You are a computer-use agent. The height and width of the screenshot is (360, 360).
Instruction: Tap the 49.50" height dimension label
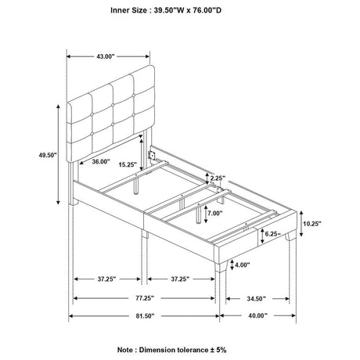(48, 155)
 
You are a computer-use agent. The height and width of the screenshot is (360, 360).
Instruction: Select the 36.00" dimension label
(101, 162)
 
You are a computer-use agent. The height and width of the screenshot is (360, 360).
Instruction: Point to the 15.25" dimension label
(128, 164)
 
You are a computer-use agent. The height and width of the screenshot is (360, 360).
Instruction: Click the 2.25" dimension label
(218, 178)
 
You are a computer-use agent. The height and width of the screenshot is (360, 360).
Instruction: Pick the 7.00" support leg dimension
(215, 213)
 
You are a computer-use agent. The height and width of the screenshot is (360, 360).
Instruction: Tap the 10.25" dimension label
(312, 224)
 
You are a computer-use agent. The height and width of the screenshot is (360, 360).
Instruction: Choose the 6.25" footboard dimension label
(273, 234)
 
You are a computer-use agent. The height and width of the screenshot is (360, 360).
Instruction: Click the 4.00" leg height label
(243, 265)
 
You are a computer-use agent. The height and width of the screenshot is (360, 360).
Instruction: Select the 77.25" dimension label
(145, 298)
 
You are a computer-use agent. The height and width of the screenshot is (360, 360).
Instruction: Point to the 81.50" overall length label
(145, 316)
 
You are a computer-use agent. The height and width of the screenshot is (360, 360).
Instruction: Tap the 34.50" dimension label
(256, 299)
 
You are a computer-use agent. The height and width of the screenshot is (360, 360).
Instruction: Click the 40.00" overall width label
(258, 315)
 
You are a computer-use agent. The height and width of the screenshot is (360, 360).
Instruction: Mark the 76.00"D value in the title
(207, 10)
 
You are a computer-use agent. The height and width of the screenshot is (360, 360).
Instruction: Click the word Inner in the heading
(120, 10)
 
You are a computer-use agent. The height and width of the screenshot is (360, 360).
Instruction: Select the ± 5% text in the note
(218, 350)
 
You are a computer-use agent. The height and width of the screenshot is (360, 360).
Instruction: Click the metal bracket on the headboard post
(151, 155)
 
